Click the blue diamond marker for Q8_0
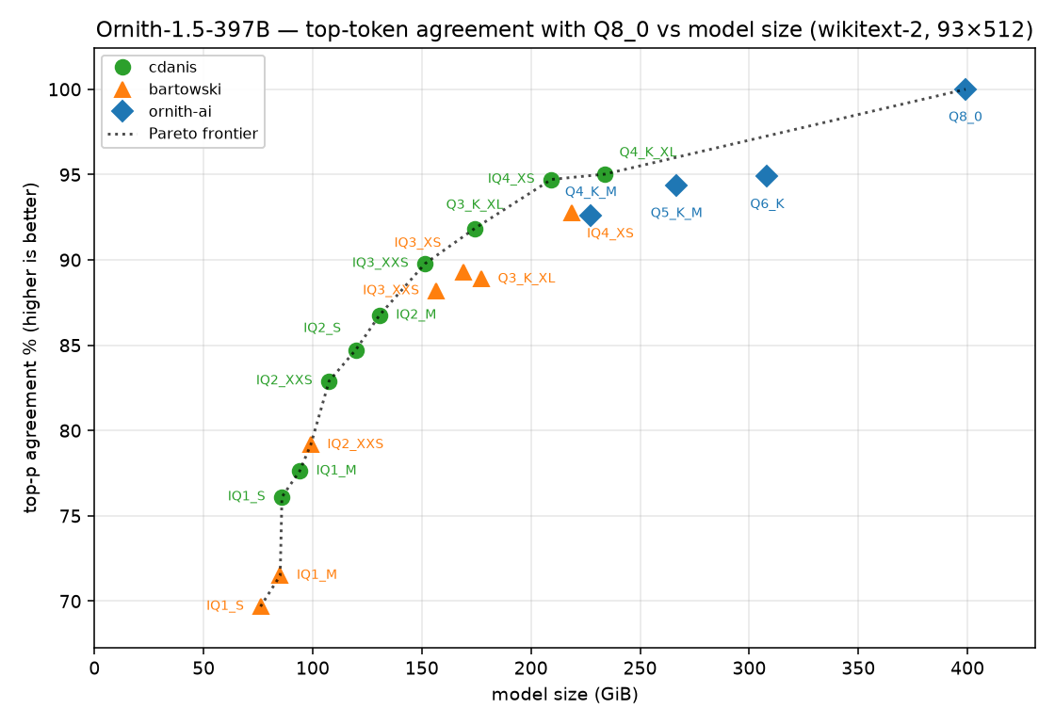coord(966,89)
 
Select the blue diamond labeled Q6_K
coord(767,176)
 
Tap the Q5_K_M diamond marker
coord(676,185)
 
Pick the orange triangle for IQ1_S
coord(261,606)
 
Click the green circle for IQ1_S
coord(282,498)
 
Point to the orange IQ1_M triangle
coord(280,575)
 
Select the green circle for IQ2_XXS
coord(329,381)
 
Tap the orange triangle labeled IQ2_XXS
coord(311,444)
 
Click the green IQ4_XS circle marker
coord(552,180)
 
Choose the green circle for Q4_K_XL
coord(606,175)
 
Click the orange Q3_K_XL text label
coord(527,279)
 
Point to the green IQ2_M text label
coord(415,314)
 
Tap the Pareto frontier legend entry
coord(183,134)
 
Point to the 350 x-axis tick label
coord(858,668)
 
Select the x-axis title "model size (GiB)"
coord(564,695)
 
